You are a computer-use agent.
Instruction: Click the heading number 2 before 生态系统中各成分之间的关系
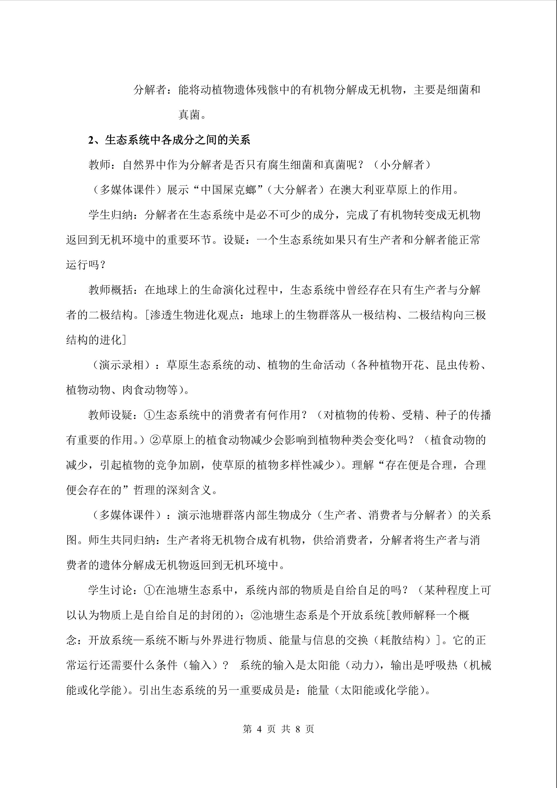(91, 140)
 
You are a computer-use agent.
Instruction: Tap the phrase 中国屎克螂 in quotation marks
(228, 190)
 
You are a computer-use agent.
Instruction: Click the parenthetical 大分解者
(295, 190)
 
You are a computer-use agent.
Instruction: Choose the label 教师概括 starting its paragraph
(111, 290)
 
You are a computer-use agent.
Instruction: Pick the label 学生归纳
(111, 215)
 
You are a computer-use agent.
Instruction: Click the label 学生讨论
(111, 590)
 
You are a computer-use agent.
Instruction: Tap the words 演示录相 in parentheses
(121, 365)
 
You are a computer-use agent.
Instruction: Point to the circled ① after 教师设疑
(150, 415)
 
